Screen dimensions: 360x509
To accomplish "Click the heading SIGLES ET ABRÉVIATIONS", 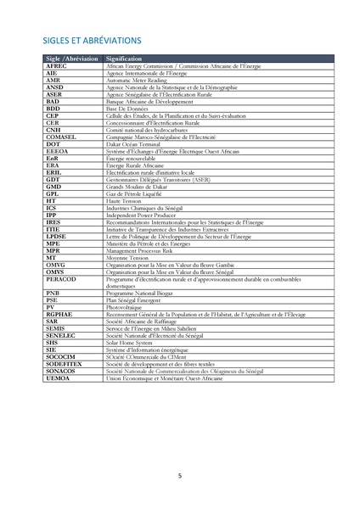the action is point(93,39).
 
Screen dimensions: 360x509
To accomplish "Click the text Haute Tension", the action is point(124,201).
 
